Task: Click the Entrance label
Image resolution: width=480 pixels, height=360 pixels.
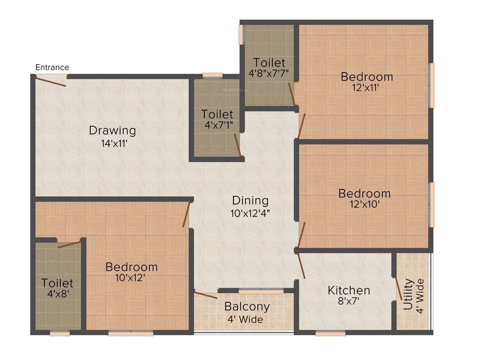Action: (x=52, y=67)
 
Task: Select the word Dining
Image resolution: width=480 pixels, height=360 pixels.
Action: (x=250, y=201)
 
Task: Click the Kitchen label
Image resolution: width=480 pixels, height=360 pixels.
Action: (x=349, y=291)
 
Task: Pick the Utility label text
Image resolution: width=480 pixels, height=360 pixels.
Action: (x=408, y=295)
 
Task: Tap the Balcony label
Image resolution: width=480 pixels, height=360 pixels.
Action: (x=247, y=307)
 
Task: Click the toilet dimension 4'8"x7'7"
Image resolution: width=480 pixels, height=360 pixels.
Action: (x=269, y=73)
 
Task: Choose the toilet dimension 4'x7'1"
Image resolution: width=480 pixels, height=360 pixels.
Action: (x=217, y=125)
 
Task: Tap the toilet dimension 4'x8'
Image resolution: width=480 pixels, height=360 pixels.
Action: (x=57, y=294)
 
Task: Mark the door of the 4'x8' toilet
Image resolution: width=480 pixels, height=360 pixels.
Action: (x=69, y=243)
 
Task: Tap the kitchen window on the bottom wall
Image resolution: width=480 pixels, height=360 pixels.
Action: (x=330, y=333)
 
